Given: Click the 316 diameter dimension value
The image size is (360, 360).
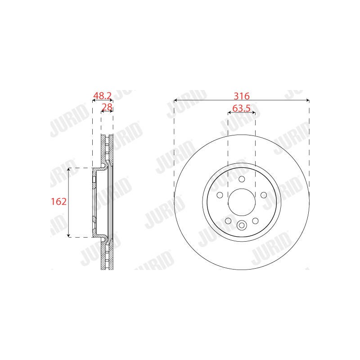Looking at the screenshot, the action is pos(242,96).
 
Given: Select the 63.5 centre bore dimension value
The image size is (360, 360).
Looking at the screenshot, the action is pos(241,108).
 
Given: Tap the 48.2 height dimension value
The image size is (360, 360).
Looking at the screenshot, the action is pos(102,95).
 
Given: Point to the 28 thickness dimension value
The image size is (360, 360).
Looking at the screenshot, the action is pos(107,107).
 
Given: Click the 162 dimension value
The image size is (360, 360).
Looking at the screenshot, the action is pos(59,202).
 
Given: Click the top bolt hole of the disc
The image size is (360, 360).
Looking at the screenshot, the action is pos(242,179).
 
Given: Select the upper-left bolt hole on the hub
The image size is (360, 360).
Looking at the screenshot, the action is pos(220,195).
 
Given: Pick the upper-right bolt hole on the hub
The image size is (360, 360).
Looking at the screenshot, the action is pos(264,195).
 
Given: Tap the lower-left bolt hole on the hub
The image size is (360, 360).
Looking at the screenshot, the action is pos(228,221).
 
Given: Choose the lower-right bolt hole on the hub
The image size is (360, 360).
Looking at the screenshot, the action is pos(255,221).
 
